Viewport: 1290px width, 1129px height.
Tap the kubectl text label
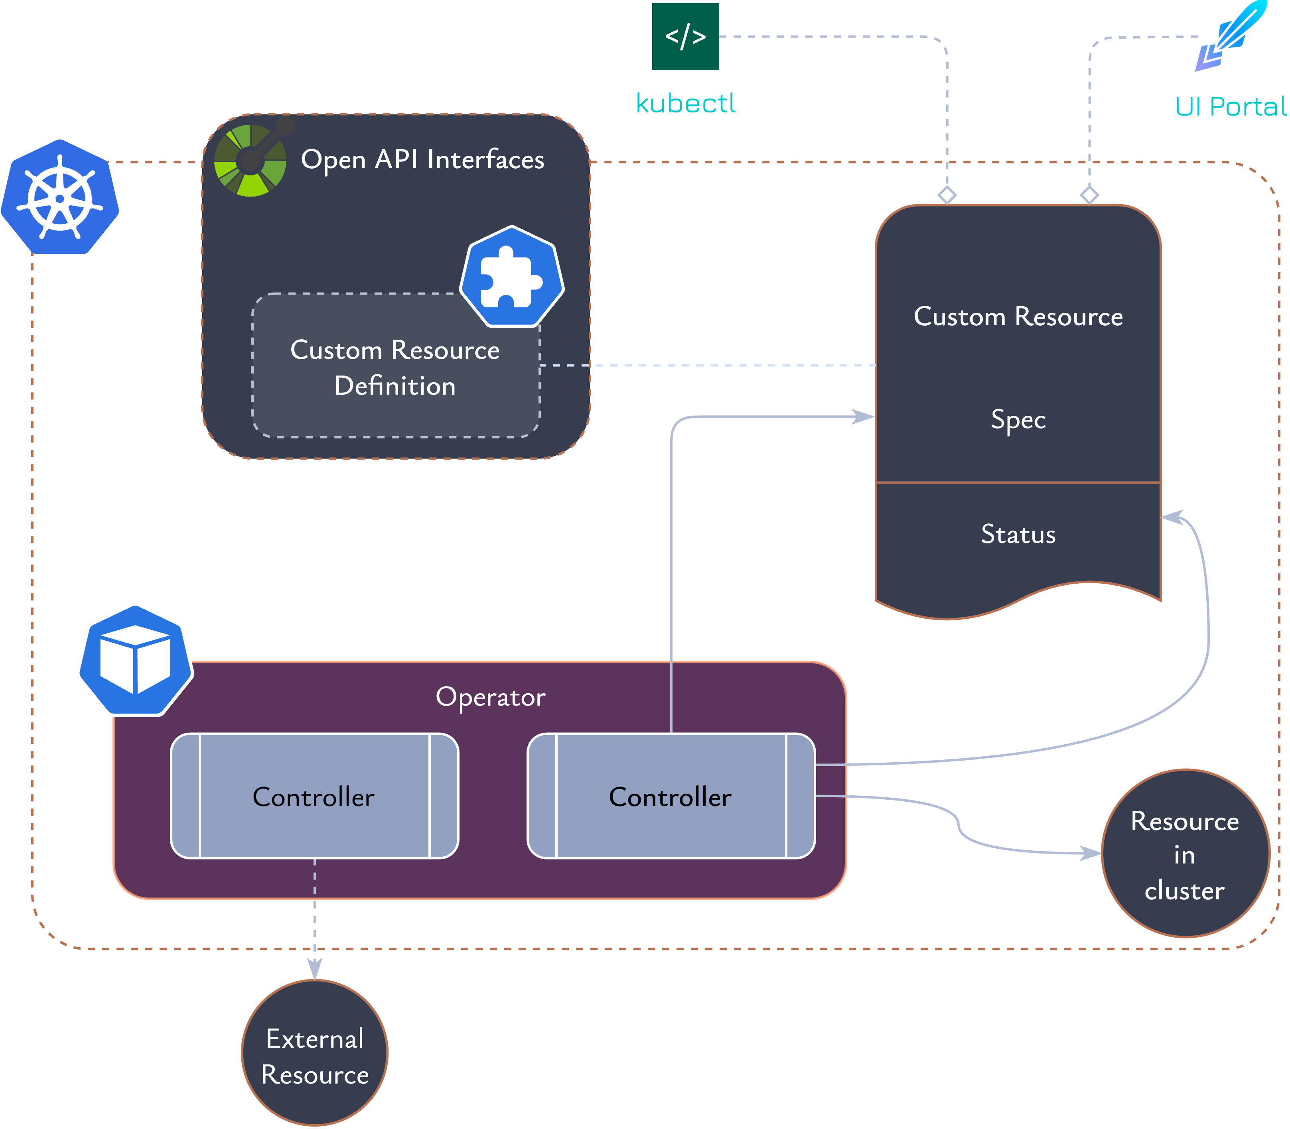coord(685,103)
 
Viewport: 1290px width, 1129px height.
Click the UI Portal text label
coord(1230,106)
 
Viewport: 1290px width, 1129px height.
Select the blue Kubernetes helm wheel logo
coord(60,198)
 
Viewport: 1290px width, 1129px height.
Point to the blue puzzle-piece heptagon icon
coord(511,277)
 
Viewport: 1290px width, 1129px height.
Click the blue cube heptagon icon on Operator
coord(135,660)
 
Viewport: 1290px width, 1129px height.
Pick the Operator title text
coord(491,697)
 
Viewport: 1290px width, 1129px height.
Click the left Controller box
coord(314,797)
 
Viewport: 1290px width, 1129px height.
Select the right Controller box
coord(670,797)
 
